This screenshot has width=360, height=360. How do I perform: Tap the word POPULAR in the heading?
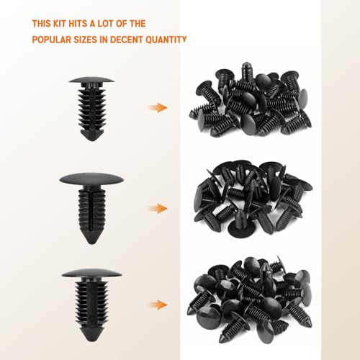pyautogui.click(x=53, y=39)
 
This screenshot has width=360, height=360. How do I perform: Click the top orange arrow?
pyautogui.click(x=157, y=107)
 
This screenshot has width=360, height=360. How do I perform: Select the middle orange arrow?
pyautogui.click(x=157, y=209)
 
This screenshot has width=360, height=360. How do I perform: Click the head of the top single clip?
pyautogui.click(x=91, y=80)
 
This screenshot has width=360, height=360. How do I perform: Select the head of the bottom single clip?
pyautogui.click(x=91, y=274)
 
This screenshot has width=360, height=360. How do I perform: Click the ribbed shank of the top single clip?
pyautogui.click(x=91, y=108)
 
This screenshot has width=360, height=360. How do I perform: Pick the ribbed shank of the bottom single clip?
pyautogui.click(x=91, y=302)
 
